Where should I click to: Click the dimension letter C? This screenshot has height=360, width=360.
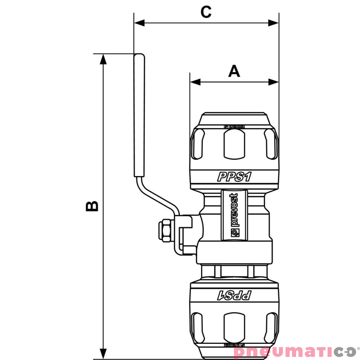[206, 12]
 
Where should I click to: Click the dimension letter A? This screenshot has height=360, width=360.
[234, 71]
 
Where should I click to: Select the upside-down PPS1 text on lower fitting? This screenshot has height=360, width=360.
[234, 296]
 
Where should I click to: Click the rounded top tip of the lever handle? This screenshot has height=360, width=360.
[139, 56]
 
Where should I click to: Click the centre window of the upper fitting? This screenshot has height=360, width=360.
[234, 144]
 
